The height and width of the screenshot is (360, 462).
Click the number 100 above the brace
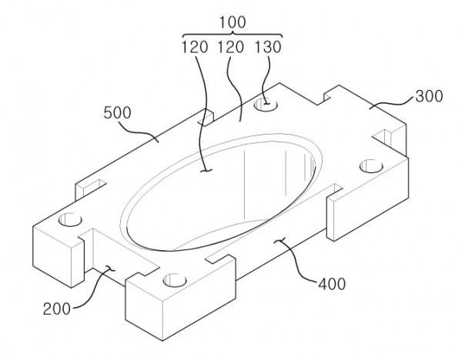pos(233,22)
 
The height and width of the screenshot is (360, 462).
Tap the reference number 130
pos(268,47)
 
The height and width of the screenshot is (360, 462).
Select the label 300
pos(429,96)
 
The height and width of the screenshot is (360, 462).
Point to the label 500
pos(117,113)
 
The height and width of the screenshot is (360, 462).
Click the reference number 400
pos(332,284)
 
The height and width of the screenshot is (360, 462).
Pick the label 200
pos(57,309)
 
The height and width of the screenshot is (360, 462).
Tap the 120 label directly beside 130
pos(230,47)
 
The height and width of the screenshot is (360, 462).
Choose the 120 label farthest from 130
pos(195,47)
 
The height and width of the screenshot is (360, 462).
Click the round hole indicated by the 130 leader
pos(266,105)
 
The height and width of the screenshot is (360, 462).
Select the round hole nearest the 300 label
pos(371,165)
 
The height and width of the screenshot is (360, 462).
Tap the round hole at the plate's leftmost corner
pos(70,219)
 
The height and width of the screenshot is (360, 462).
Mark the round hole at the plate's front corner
pos(175,280)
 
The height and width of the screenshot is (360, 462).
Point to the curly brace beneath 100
pos(233,35)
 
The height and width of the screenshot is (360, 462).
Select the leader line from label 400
pos(297,259)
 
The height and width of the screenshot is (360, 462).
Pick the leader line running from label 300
pos(392,103)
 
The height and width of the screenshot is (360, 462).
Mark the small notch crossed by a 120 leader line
pos(207,117)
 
